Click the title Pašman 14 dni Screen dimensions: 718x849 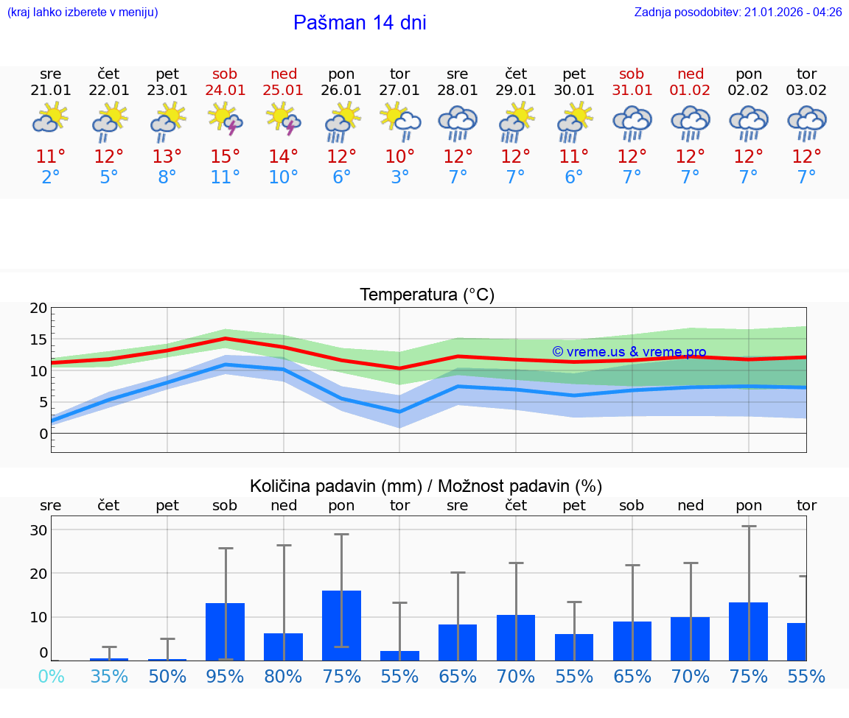click(x=360, y=23)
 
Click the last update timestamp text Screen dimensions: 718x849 click(x=738, y=13)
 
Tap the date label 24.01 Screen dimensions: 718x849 click(x=226, y=91)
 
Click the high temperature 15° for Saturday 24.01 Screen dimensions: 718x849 click(x=226, y=157)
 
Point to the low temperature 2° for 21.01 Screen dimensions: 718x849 click(x=51, y=177)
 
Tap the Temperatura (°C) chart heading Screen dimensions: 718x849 click(x=427, y=295)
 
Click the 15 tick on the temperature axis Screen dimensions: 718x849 click(x=38, y=339)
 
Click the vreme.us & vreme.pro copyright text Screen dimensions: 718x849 click(x=629, y=352)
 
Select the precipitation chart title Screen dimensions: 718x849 click(x=426, y=486)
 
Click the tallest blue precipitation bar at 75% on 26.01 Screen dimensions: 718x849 click(x=341, y=625)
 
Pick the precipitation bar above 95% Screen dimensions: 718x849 click(x=225, y=631)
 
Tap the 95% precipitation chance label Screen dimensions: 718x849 click(x=226, y=676)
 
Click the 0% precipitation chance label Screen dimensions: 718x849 click(x=51, y=676)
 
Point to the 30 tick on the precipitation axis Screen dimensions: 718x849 click(x=38, y=530)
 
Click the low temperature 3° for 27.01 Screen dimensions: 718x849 click(x=400, y=177)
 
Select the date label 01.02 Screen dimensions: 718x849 click(x=691, y=91)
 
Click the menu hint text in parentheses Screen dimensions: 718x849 click(x=83, y=13)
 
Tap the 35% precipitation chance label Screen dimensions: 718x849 click(x=109, y=676)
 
